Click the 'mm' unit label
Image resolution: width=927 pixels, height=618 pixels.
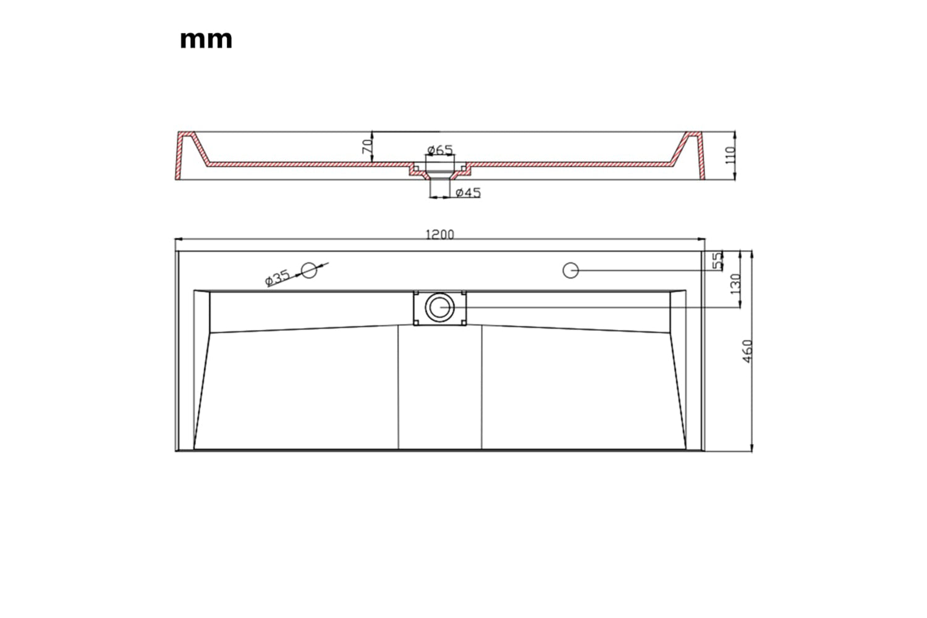coord(206,40)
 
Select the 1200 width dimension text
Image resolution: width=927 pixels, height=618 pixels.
coord(439,235)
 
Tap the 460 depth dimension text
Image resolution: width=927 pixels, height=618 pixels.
coord(747,352)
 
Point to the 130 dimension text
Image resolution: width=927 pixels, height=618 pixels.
coord(735,284)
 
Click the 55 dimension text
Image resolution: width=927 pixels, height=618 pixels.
coord(718,261)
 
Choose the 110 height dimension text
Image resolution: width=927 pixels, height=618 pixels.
coord(730,155)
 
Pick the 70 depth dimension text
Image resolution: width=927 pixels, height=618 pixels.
coord(367,146)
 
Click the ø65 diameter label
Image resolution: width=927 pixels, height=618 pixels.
coord(439,150)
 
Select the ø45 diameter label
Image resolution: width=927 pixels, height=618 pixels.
coord(468,192)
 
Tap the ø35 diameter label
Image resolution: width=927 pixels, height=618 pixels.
coord(277,277)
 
